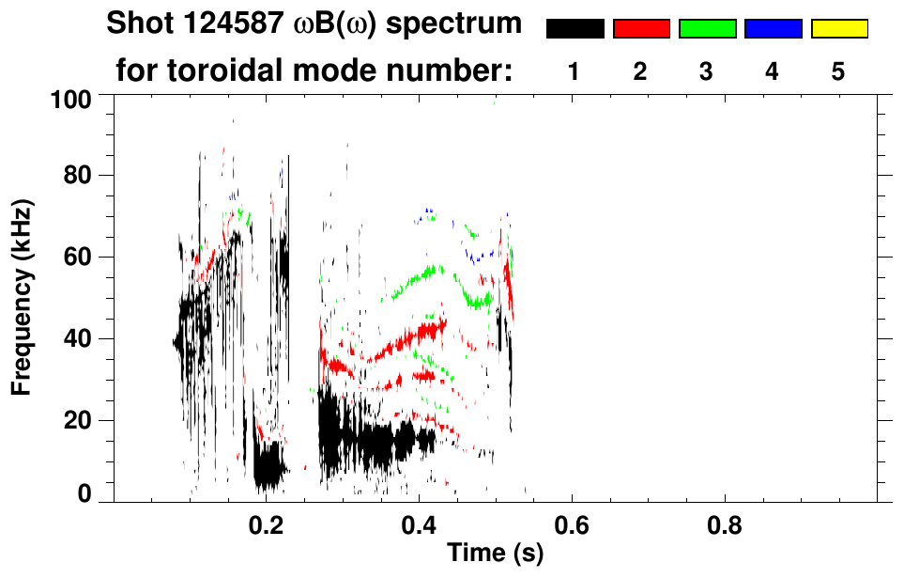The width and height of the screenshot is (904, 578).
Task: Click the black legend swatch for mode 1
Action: pos(575,29)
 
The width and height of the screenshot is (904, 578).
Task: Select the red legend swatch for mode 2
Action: pos(641,29)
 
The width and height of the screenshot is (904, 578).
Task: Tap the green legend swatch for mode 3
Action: pos(707,29)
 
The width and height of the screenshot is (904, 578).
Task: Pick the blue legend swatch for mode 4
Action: pos(773,29)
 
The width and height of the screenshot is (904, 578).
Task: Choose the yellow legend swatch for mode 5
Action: pos(838,29)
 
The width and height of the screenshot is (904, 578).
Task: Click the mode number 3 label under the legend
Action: pos(706,72)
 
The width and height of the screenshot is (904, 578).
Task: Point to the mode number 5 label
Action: pos(838,72)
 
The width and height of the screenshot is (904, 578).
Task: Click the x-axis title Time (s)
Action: pos(495,553)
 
